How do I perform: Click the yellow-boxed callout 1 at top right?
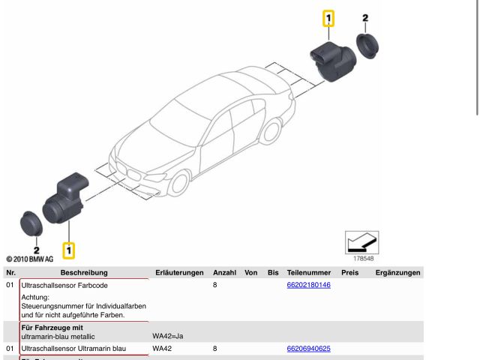click(x=328, y=19)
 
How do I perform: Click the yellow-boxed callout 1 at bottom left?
click(x=69, y=248)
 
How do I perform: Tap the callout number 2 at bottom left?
click(x=35, y=249)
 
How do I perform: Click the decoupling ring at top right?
click(x=367, y=46)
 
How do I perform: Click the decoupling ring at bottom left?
click(x=32, y=223)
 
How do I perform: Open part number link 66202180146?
click(x=308, y=286)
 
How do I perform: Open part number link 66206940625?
click(x=308, y=349)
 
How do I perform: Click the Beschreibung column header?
click(x=84, y=273)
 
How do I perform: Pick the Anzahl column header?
click(x=224, y=273)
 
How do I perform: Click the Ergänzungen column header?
click(x=397, y=273)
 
